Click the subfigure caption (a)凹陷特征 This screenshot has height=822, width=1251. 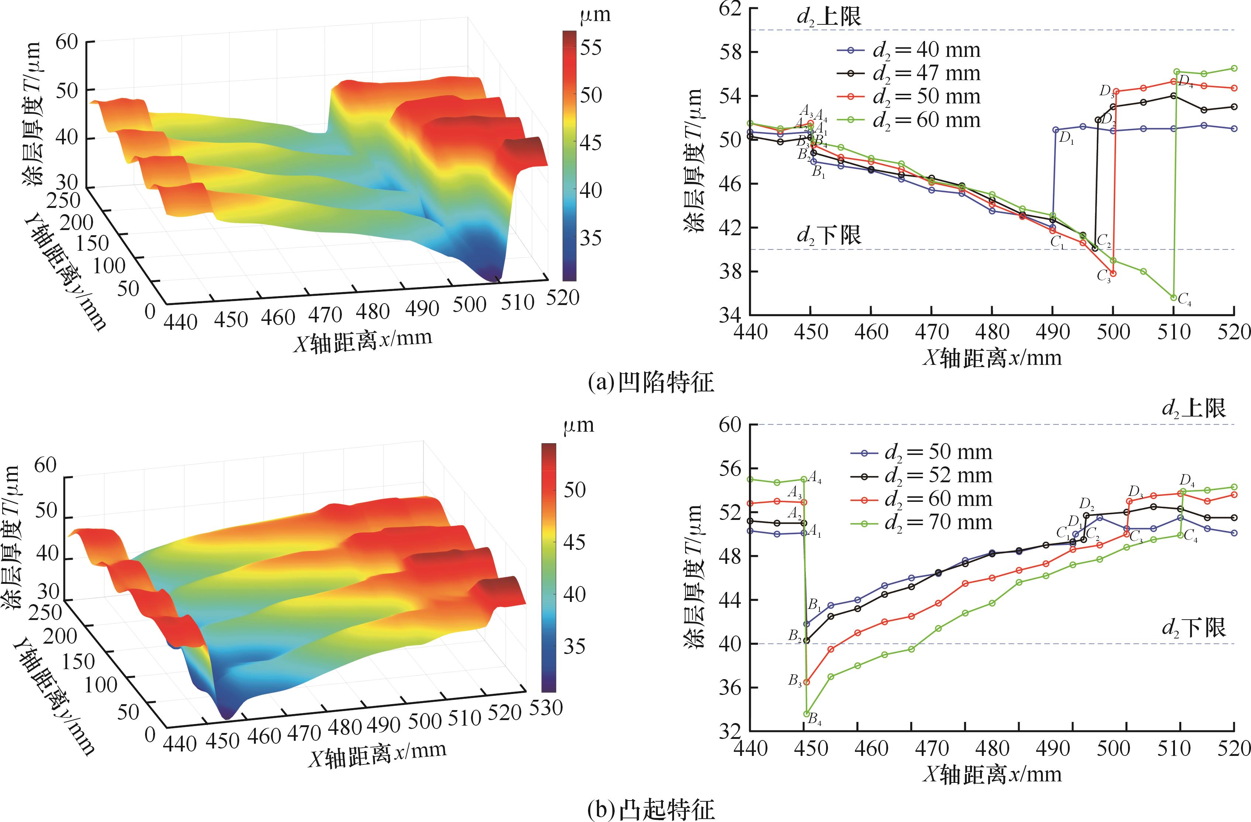[x=651, y=382]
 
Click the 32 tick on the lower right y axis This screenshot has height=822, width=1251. [x=731, y=732]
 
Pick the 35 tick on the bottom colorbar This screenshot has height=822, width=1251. [x=574, y=646]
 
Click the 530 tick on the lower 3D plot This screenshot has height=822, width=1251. [x=546, y=708]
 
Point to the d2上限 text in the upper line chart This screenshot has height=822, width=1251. [x=829, y=17]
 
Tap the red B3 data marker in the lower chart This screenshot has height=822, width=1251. [x=806, y=682]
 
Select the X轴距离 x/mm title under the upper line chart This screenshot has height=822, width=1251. [x=992, y=357]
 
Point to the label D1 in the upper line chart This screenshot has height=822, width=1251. [x=1066, y=139]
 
